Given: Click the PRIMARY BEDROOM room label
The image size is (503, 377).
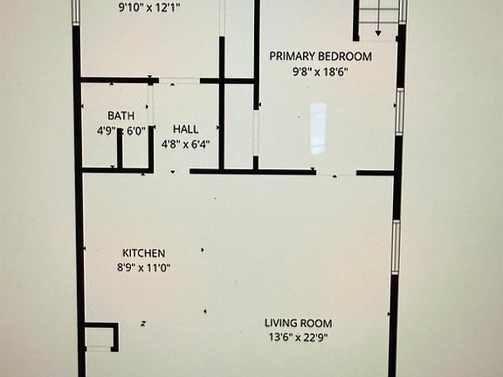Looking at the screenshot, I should pos(320,57).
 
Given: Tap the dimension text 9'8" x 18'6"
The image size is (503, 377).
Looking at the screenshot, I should pos(320,71).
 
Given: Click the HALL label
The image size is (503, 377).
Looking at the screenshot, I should pos(185,129).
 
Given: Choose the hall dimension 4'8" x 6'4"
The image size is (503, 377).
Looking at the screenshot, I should pos(185,144).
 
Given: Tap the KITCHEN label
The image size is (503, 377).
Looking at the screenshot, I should pos(144,253).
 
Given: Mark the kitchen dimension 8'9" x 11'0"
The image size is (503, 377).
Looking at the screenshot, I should pos(144,268).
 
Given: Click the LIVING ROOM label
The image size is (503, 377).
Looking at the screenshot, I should pos(300,323).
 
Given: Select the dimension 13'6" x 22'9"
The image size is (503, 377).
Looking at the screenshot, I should pos(300,338).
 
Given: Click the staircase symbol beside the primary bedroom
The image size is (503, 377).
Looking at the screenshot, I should pos(377,17).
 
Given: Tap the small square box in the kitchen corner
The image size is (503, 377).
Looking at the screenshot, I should pos(100,336).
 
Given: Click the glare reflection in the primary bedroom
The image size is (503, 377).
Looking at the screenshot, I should pos(318,116).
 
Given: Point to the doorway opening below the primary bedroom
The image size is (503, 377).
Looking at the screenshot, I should pos(336,173).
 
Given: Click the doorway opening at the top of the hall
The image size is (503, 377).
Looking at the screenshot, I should pos(178,81).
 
